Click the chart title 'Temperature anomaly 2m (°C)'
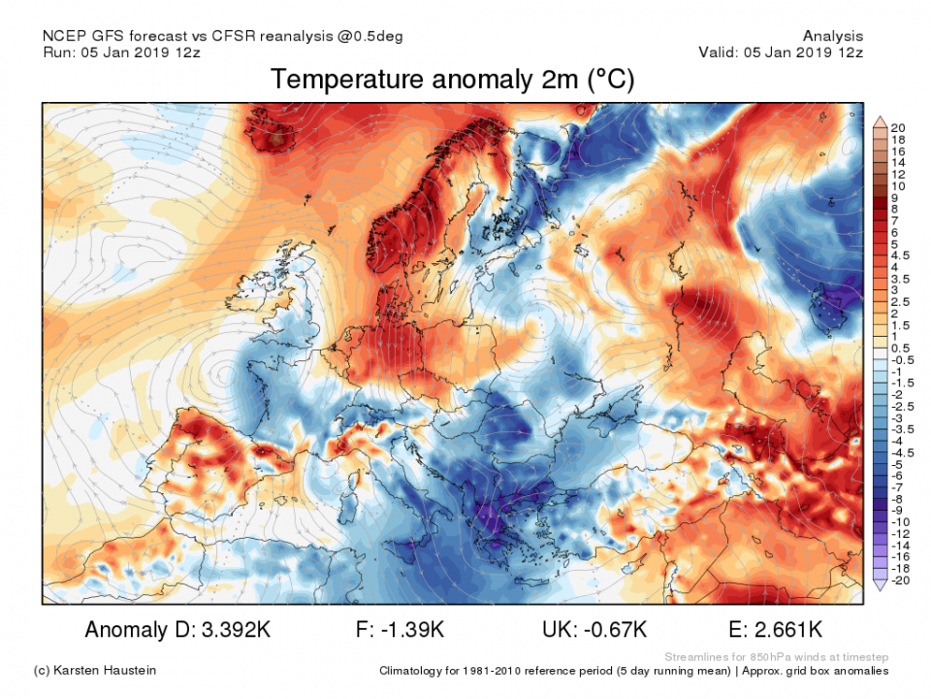pyautogui.click(x=452, y=80)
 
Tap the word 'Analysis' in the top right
pyautogui.click(x=832, y=36)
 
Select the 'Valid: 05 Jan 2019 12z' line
pyautogui.click(x=780, y=52)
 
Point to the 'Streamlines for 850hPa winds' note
pyautogui.click(x=776, y=657)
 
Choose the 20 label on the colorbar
pyautogui.click(x=898, y=128)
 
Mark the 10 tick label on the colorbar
pyautogui.click(x=898, y=185)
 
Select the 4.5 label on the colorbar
pyautogui.click(x=898, y=255)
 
